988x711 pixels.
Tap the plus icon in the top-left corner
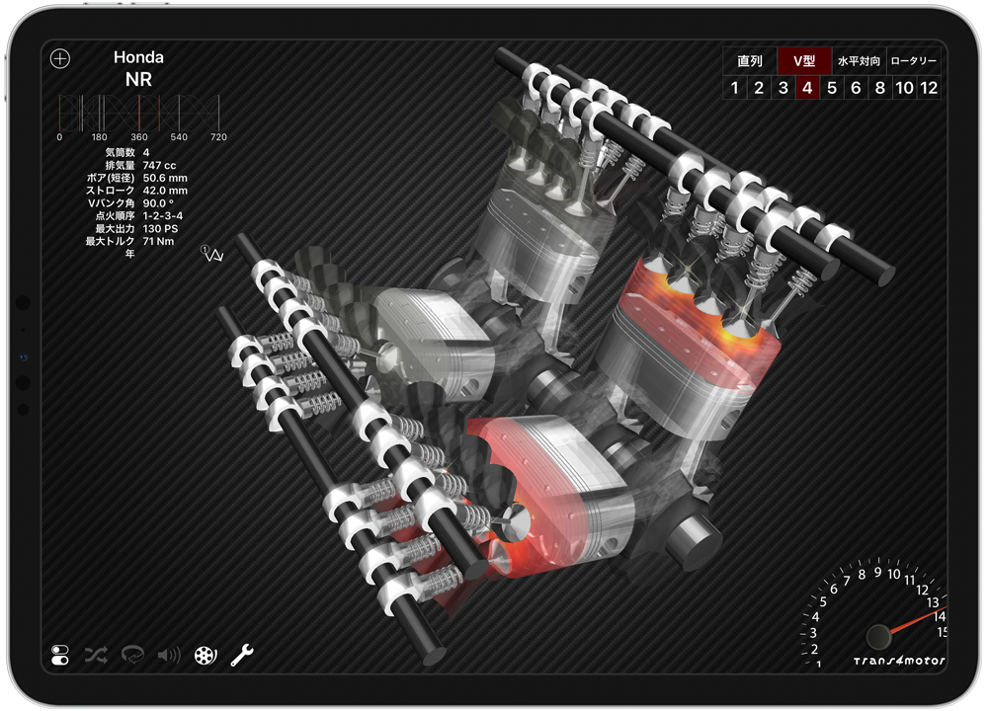point(60,58)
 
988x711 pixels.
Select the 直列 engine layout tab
point(750,61)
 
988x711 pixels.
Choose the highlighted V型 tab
point(804,61)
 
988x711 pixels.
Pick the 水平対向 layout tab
point(859,61)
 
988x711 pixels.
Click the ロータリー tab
point(914,61)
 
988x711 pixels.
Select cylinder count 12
point(929,88)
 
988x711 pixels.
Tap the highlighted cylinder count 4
point(807,88)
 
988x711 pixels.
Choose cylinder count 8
point(880,88)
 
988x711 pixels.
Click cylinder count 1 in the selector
point(735,88)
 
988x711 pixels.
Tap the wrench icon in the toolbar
point(242,655)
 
